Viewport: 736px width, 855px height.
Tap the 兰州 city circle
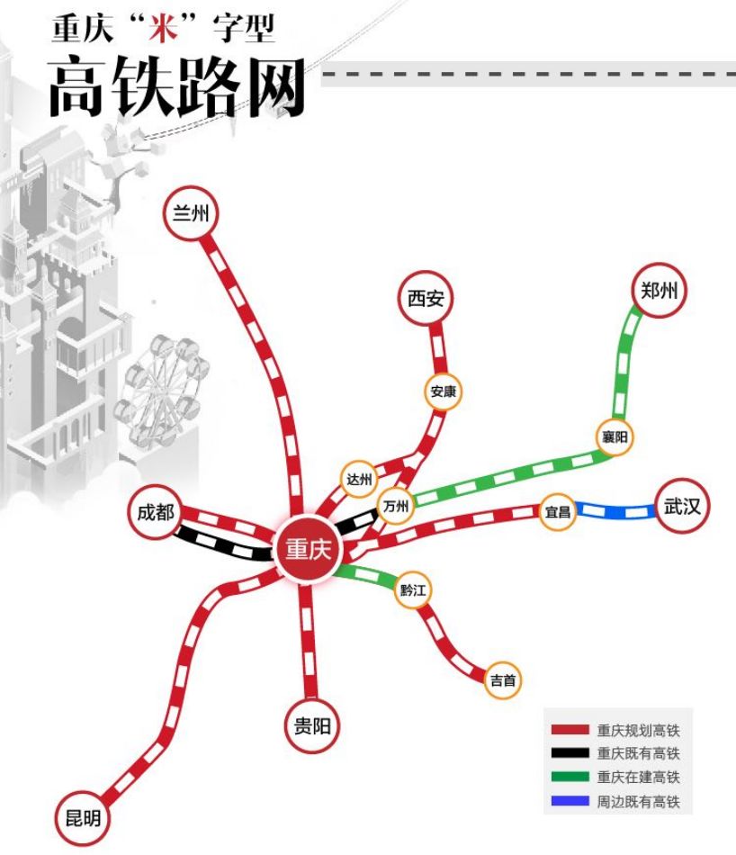coord(191,213)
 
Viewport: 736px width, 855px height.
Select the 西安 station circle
coord(426,299)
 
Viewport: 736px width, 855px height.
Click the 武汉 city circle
coord(682,507)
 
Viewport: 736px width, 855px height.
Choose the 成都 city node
coord(156,513)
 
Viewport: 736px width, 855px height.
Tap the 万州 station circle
coord(395,507)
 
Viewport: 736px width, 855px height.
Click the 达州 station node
coord(359,479)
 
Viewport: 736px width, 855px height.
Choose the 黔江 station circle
coord(414,590)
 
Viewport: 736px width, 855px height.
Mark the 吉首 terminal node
coord(503,680)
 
